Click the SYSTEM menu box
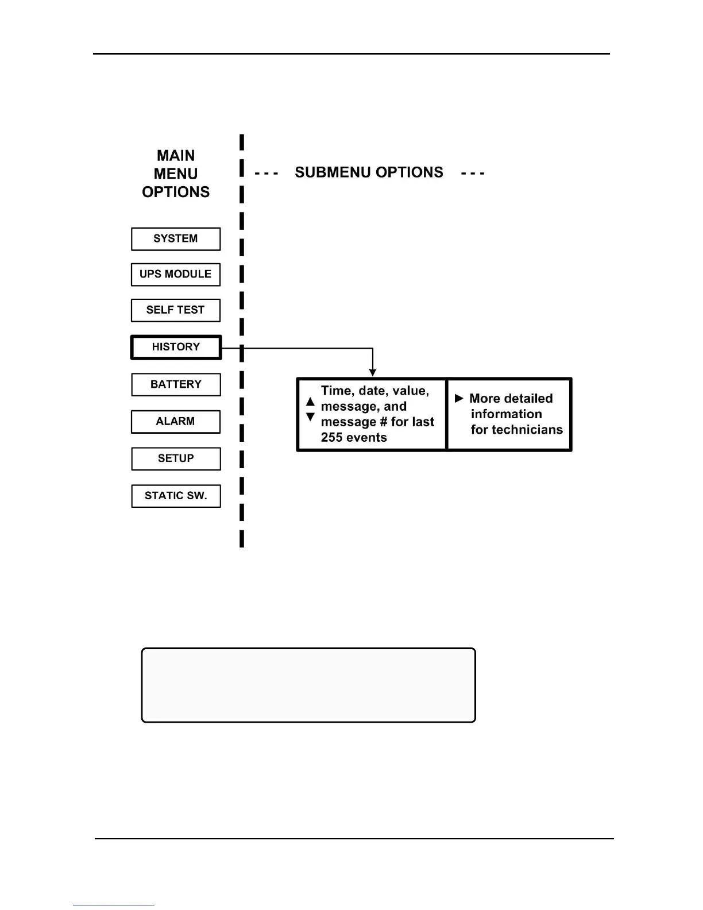click(x=176, y=239)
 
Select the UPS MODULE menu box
click(x=176, y=275)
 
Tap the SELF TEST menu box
click(x=176, y=310)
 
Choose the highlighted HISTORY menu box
click(x=176, y=347)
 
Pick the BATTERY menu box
click(x=176, y=384)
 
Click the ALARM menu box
click(x=176, y=422)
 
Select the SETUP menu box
click(x=176, y=458)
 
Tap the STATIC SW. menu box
click(x=176, y=496)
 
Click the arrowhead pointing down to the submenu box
click(x=373, y=373)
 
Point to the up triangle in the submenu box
click(x=310, y=402)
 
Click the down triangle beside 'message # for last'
click(x=310, y=417)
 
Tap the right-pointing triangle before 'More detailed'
click(x=459, y=398)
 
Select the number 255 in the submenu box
click(x=332, y=438)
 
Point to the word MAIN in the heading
click(x=176, y=156)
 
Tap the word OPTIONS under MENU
click(x=176, y=192)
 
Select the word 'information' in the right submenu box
click(x=506, y=414)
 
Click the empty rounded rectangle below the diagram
click(x=308, y=685)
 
